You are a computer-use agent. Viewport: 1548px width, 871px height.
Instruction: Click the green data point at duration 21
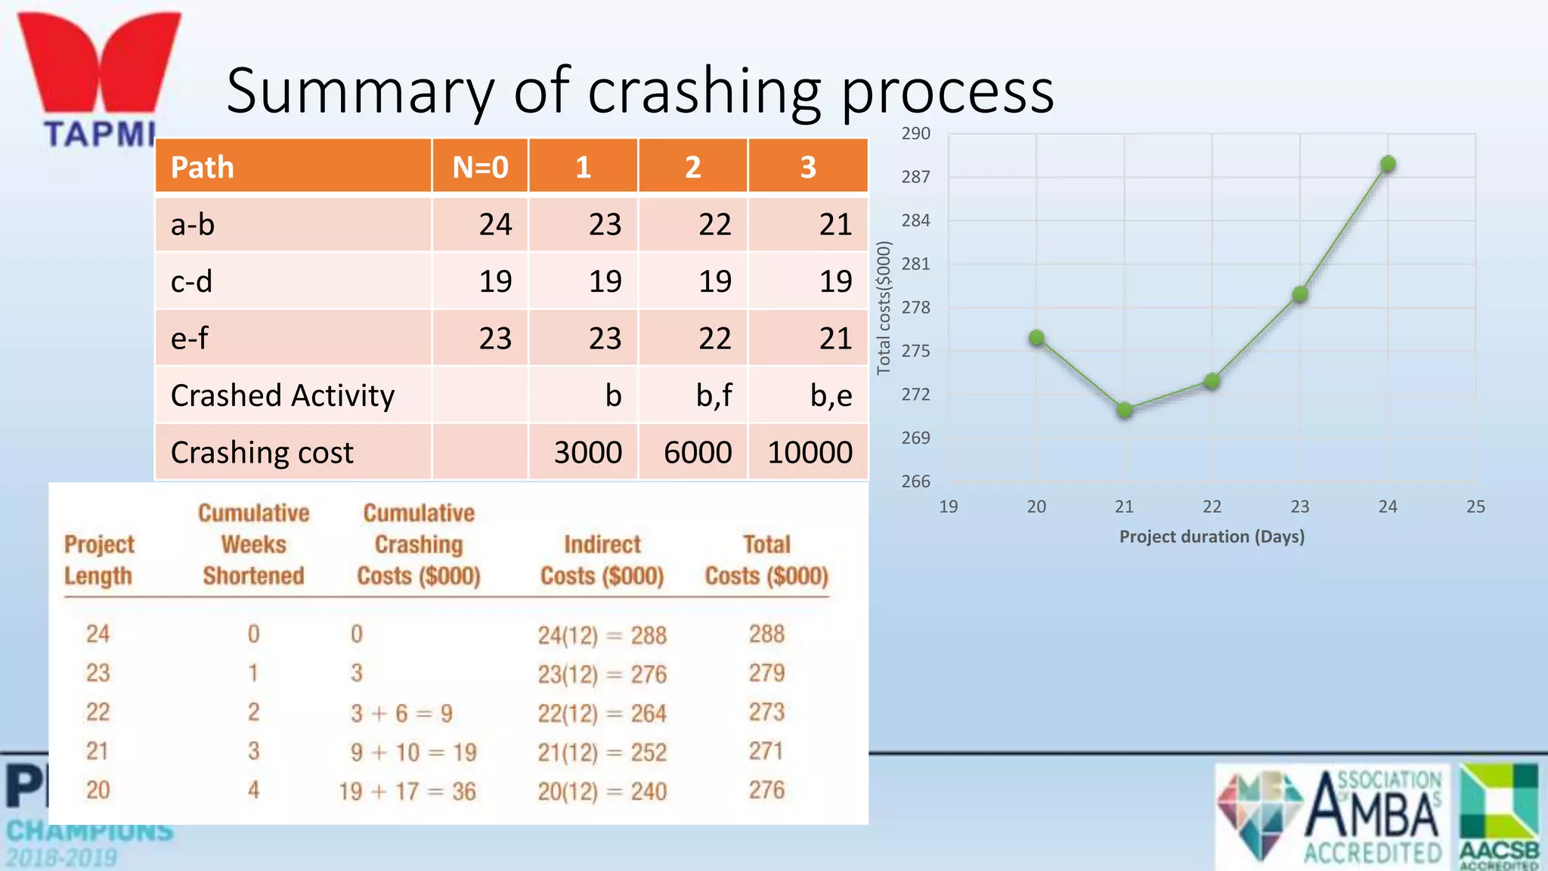[x=1125, y=410]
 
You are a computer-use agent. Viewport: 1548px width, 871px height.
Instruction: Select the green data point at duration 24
[x=1388, y=164]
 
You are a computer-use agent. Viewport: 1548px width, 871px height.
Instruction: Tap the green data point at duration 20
[x=1037, y=338]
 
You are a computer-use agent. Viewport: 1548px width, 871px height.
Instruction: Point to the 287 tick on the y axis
[x=915, y=177]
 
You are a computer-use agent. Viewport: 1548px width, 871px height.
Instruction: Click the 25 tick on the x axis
[x=1475, y=507]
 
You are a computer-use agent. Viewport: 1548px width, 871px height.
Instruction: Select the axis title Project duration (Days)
[x=1212, y=537]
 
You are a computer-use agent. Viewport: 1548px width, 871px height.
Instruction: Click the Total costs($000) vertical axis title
[x=884, y=308]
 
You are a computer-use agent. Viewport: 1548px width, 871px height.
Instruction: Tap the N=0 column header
[x=480, y=167]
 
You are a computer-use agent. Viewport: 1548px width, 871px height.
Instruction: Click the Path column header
[x=203, y=167]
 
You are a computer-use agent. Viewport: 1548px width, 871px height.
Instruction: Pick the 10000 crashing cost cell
[x=810, y=453]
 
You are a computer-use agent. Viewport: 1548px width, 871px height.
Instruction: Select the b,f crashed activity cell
[x=714, y=395]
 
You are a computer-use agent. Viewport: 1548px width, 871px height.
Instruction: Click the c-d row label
[x=192, y=281]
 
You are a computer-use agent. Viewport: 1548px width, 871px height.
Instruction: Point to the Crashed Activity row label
[x=283, y=395]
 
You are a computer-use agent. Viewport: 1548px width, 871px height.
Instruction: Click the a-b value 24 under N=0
[x=495, y=225]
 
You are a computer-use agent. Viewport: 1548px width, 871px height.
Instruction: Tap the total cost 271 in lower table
[x=766, y=751]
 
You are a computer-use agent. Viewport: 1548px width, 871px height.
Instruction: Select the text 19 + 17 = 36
[x=407, y=792]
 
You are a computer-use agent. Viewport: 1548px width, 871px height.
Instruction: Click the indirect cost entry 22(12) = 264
[x=602, y=713]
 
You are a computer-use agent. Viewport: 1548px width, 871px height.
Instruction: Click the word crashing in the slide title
[x=704, y=91]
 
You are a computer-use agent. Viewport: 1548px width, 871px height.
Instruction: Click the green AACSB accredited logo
[x=1500, y=815]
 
